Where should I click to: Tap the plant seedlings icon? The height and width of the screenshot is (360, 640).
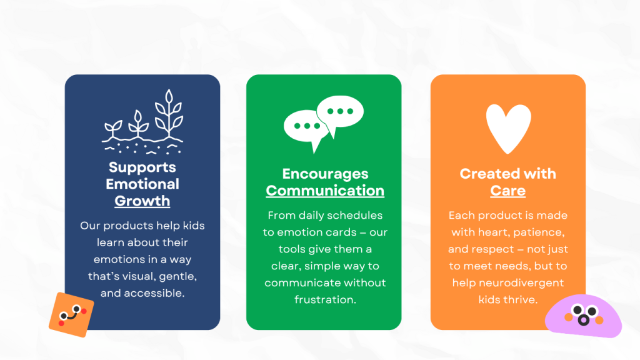pyautogui.click(x=142, y=122)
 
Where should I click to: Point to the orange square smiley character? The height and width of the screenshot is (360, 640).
pyautogui.click(x=71, y=315)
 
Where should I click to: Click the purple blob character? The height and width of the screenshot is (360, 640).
pyautogui.click(x=583, y=316)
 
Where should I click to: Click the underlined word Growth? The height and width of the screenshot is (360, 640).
pyautogui.click(x=142, y=201)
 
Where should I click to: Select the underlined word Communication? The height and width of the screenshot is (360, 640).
pyautogui.click(x=325, y=191)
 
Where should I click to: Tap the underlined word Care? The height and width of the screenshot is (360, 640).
pyautogui.click(x=507, y=191)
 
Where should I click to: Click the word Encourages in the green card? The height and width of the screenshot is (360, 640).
pyautogui.click(x=325, y=174)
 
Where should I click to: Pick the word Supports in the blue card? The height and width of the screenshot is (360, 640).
pyautogui.click(x=142, y=167)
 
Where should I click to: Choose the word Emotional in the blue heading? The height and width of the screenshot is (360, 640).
pyautogui.click(x=142, y=184)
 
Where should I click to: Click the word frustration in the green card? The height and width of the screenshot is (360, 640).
pyautogui.click(x=325, y=299)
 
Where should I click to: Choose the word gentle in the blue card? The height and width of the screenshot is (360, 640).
pyautogui.click(x=178, y=277)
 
